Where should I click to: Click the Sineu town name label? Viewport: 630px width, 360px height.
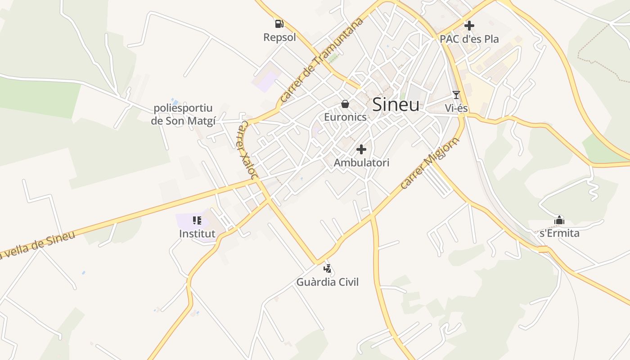point(396,105)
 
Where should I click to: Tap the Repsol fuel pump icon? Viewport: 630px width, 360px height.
point(279,23)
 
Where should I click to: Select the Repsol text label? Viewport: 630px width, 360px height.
point(279,37)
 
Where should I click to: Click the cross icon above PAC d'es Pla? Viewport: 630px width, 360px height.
point(469,25)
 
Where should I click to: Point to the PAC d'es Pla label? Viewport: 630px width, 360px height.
point(469,39)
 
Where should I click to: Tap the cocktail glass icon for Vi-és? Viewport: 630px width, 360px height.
point(456,94)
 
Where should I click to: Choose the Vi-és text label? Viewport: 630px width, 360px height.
point(456,108)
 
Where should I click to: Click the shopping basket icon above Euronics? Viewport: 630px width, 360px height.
point(345,104)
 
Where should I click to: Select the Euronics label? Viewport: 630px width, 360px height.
point(345,117)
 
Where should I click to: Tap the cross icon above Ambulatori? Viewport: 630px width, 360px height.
point(361,149)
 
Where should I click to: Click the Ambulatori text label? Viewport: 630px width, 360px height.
point(361,163)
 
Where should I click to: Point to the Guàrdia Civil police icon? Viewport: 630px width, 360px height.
point(328,269)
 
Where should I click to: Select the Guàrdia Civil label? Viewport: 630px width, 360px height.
point(328,283)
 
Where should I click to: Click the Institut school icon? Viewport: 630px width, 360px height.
point(197,220)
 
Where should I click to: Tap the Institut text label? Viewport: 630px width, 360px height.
point(197,234)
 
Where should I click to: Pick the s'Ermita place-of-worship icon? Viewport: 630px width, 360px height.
point(559,220)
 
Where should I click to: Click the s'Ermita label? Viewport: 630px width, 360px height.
point(559,234)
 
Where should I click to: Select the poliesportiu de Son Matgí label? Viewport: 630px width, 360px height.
point(183,114)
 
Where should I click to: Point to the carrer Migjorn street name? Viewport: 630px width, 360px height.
point(430,163)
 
